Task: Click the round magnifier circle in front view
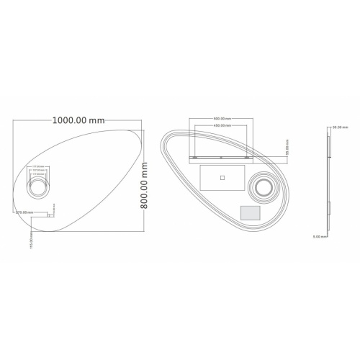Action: pyautogui.click(x=37, y=189)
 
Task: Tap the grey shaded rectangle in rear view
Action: pyautogui.click(x=249, y=213)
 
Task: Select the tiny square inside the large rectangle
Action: pyautogui.click(x=222, y=176)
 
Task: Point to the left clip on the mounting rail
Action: pyautogui.click(x=194, y=156)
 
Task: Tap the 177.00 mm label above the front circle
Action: pyautogui.click(x=37, y=166)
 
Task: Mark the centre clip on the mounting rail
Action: pyautogui.click(x=221, y=156)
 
